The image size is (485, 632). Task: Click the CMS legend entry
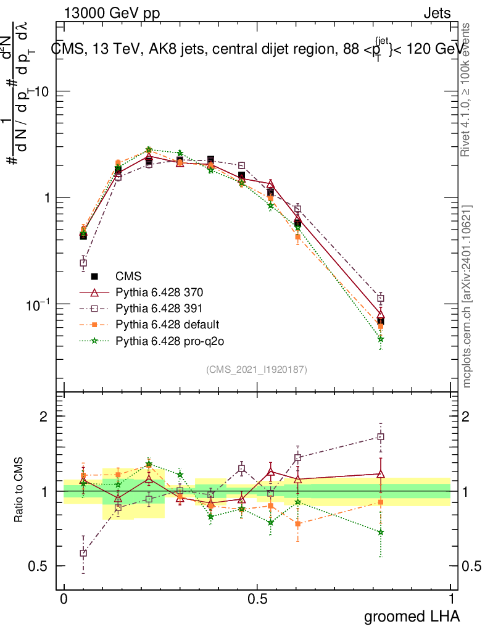point(128,277)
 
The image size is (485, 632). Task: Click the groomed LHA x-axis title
point(412,616)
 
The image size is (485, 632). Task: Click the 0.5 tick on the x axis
point(257,599)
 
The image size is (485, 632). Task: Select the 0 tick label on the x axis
point(64,599)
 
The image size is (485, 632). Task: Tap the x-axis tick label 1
point(450,599)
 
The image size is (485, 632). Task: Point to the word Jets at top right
point(436,13)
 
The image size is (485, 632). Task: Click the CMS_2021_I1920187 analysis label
point(257,369)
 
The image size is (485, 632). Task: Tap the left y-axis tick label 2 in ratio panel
point(44,417)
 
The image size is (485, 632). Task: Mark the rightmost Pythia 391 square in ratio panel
point(381,437)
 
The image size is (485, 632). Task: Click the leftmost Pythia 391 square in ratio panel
point(83,553)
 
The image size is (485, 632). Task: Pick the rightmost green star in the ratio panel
point(381,532)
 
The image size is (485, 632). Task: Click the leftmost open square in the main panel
point(83,264)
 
